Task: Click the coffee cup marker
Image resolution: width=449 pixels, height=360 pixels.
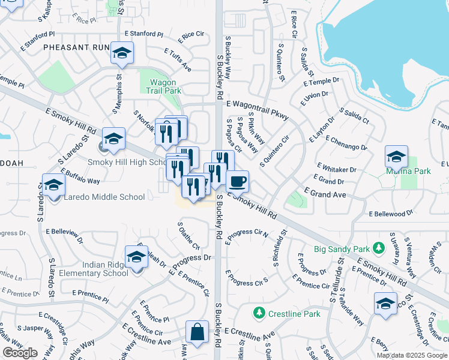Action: coord(237,181)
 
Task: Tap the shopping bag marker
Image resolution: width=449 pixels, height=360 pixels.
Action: coord(197,331)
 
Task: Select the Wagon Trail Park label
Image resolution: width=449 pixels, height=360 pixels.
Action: coord(164,86)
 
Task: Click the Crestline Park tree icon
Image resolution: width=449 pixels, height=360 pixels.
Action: coord(259,313)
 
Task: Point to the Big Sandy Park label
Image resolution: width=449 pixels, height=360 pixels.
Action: coord(343,248)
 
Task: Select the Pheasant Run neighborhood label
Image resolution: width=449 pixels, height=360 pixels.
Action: coord(76,47)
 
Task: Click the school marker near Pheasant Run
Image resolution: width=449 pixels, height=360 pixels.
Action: coord(122,55)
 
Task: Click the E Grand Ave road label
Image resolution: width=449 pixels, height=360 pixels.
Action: coord(325,194)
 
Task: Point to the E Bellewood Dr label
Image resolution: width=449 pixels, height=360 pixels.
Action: coord(391,214)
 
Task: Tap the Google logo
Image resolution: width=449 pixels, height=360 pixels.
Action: coord(20,353)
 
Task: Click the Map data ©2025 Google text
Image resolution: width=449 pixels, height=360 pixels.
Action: coord(412,355)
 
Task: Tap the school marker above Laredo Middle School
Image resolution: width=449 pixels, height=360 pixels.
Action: coord(53,184)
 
